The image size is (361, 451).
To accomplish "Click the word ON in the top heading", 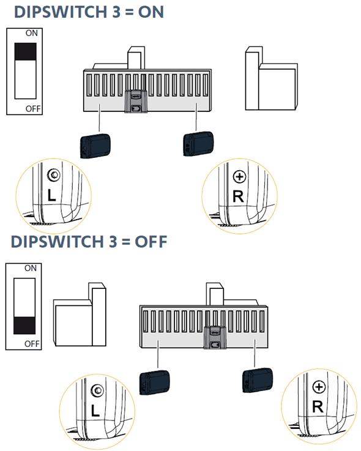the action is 151,12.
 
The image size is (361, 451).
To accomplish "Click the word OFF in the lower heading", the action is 151,242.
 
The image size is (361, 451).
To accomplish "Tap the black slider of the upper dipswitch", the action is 25,51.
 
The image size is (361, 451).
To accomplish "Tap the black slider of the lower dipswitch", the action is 24,326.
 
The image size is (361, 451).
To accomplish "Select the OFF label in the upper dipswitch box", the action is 33,109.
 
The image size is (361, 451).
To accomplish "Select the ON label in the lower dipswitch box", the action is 31,268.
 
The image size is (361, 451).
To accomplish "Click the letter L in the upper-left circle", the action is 51,195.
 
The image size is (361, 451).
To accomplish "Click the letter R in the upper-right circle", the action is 238,196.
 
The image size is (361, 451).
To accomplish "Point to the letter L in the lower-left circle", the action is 95,411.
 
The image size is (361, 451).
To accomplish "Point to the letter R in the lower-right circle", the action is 318,407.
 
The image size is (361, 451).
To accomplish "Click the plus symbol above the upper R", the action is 239,177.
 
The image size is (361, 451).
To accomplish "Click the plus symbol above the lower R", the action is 319,387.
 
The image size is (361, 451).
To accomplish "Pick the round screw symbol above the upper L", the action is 54,175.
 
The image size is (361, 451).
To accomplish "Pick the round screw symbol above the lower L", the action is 97,390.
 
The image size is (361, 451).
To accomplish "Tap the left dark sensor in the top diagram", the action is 95,146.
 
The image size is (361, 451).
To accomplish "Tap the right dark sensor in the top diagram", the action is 198,144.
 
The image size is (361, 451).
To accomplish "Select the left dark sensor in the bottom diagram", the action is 154,382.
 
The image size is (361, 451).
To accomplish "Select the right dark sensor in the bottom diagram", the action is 258,380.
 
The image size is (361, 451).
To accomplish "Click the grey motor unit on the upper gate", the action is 136,101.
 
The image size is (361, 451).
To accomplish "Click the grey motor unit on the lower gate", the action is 215,337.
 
